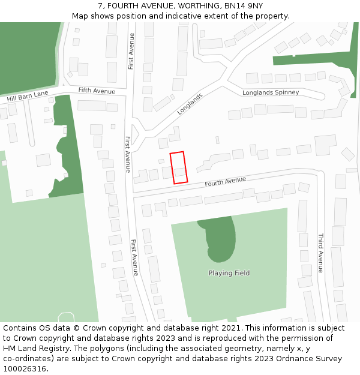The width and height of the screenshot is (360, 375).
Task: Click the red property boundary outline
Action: click(x=179, y=167)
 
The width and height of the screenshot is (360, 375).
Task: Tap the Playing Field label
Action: click(x=229, y=273)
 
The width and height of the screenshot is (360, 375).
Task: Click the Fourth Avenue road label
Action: click(x=225, y=181)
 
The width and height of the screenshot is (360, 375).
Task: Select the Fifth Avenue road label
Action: click(x=97, y=91)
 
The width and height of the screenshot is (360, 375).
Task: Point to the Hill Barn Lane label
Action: click(x=28, y=96)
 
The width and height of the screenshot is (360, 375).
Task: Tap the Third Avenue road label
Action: click(x=320, y=253)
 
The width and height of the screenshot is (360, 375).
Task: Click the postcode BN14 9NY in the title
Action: click(x=244, y=6)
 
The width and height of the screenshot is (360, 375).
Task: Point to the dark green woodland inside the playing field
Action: click(x=218, y=237)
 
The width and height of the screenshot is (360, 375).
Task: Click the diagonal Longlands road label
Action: click(x=190, y=104)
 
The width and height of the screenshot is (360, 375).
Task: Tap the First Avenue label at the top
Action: click(x=131, y=51)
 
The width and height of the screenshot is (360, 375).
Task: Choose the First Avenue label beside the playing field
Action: click(x=135, y=257)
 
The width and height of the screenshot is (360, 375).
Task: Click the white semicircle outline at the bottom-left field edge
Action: click(x=66, y=317)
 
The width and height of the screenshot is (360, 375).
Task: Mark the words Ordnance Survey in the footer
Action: click(x=311, y=358)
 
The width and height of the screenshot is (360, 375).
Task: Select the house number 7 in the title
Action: click(x=100, y=6)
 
